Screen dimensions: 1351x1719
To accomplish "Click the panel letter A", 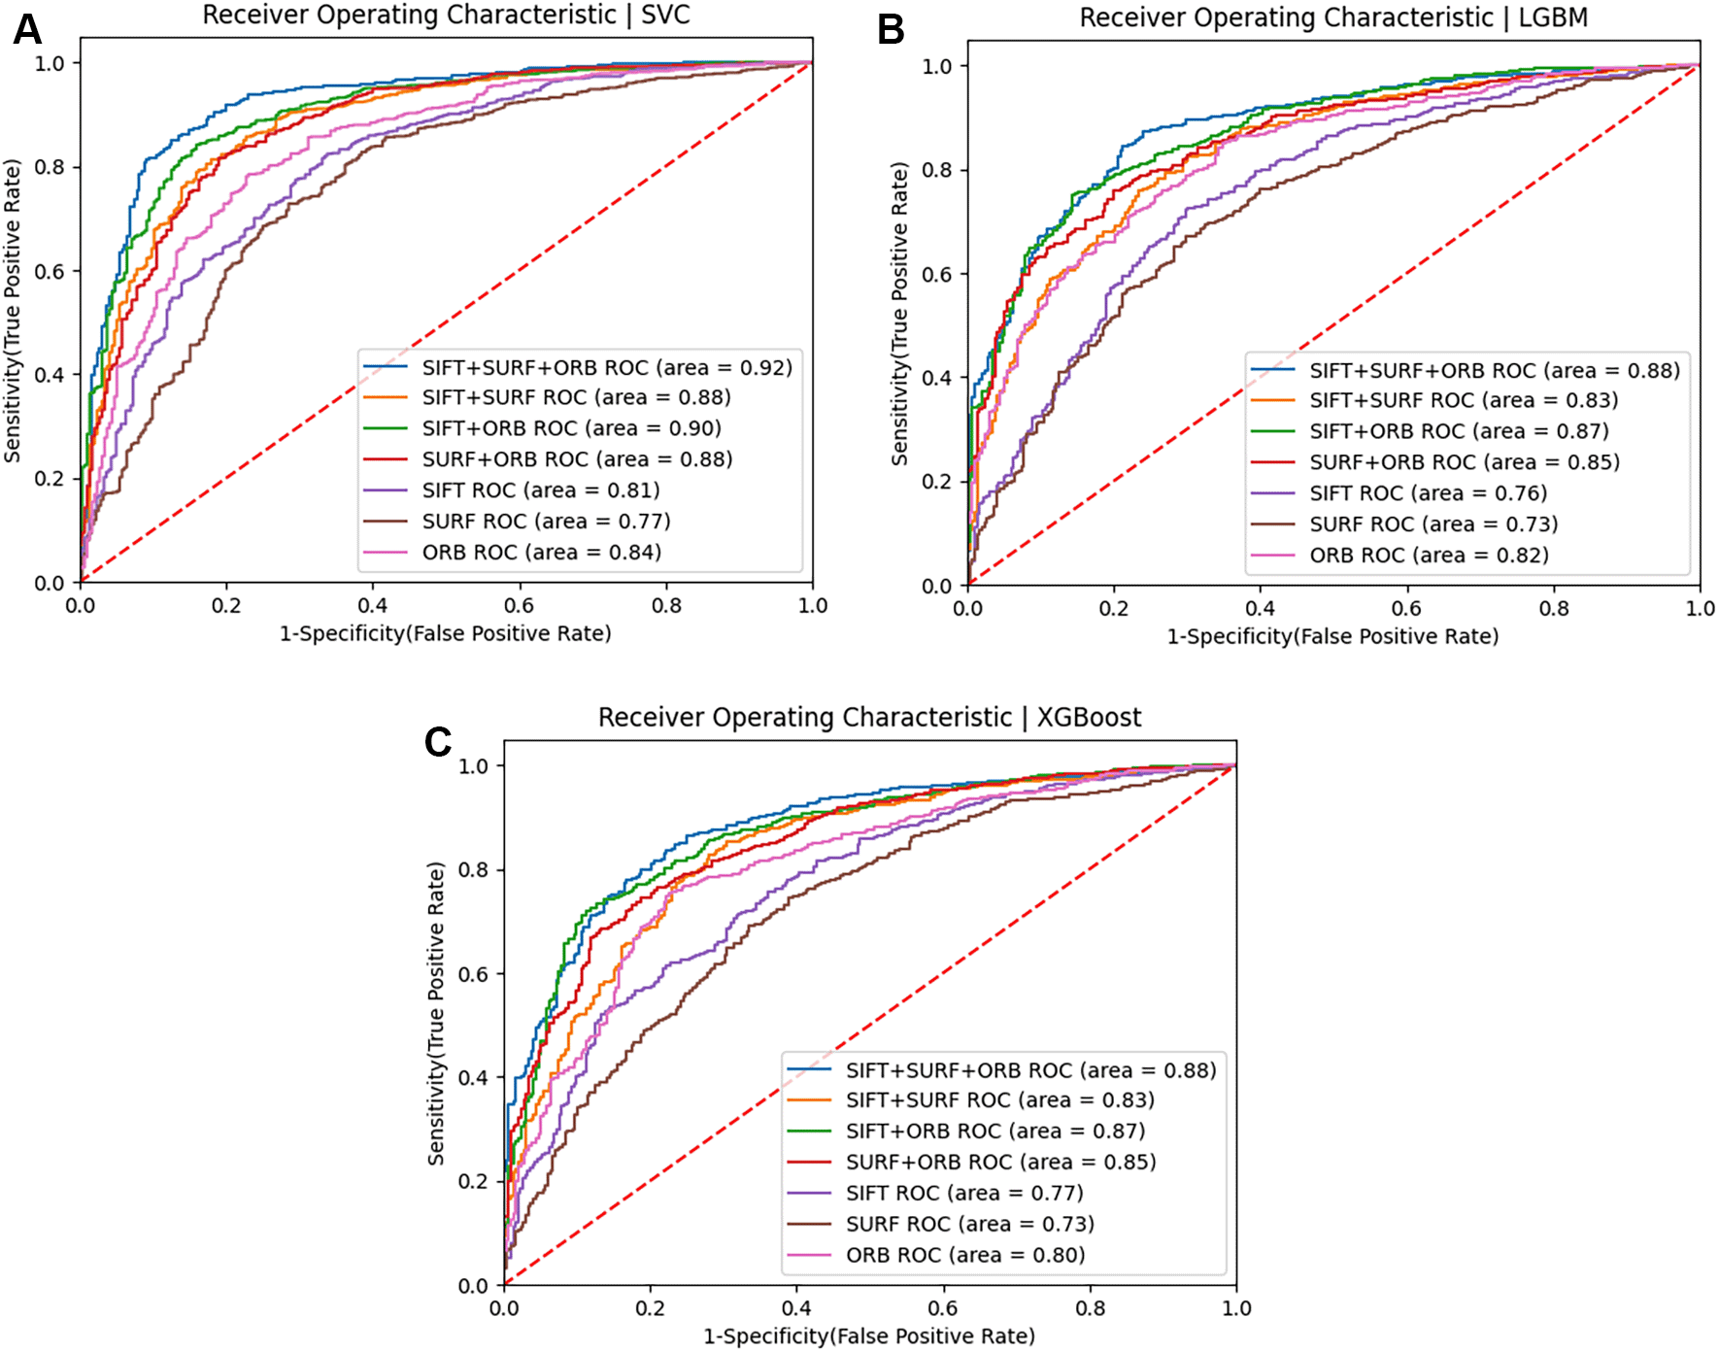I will (26, 29).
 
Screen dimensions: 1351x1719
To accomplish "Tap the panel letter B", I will (891, 30).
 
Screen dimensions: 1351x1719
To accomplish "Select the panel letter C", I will (438, 742).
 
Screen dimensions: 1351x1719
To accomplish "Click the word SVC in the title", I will (665, 16).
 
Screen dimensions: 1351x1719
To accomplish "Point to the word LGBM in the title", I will (1552, 18).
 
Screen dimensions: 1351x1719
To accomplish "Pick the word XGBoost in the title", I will (1089, 718).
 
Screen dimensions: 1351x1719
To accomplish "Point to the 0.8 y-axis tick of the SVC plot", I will (50, 167).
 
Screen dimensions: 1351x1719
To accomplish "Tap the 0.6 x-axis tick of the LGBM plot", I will (1406, 609).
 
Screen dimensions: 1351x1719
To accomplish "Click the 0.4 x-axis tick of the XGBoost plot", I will (796, 1308).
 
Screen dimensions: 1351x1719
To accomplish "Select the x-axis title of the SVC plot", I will (446, 634).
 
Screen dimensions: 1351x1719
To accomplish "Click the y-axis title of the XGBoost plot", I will (436, 1013).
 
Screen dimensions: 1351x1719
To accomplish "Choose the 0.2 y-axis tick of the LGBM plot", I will (936, 482).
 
